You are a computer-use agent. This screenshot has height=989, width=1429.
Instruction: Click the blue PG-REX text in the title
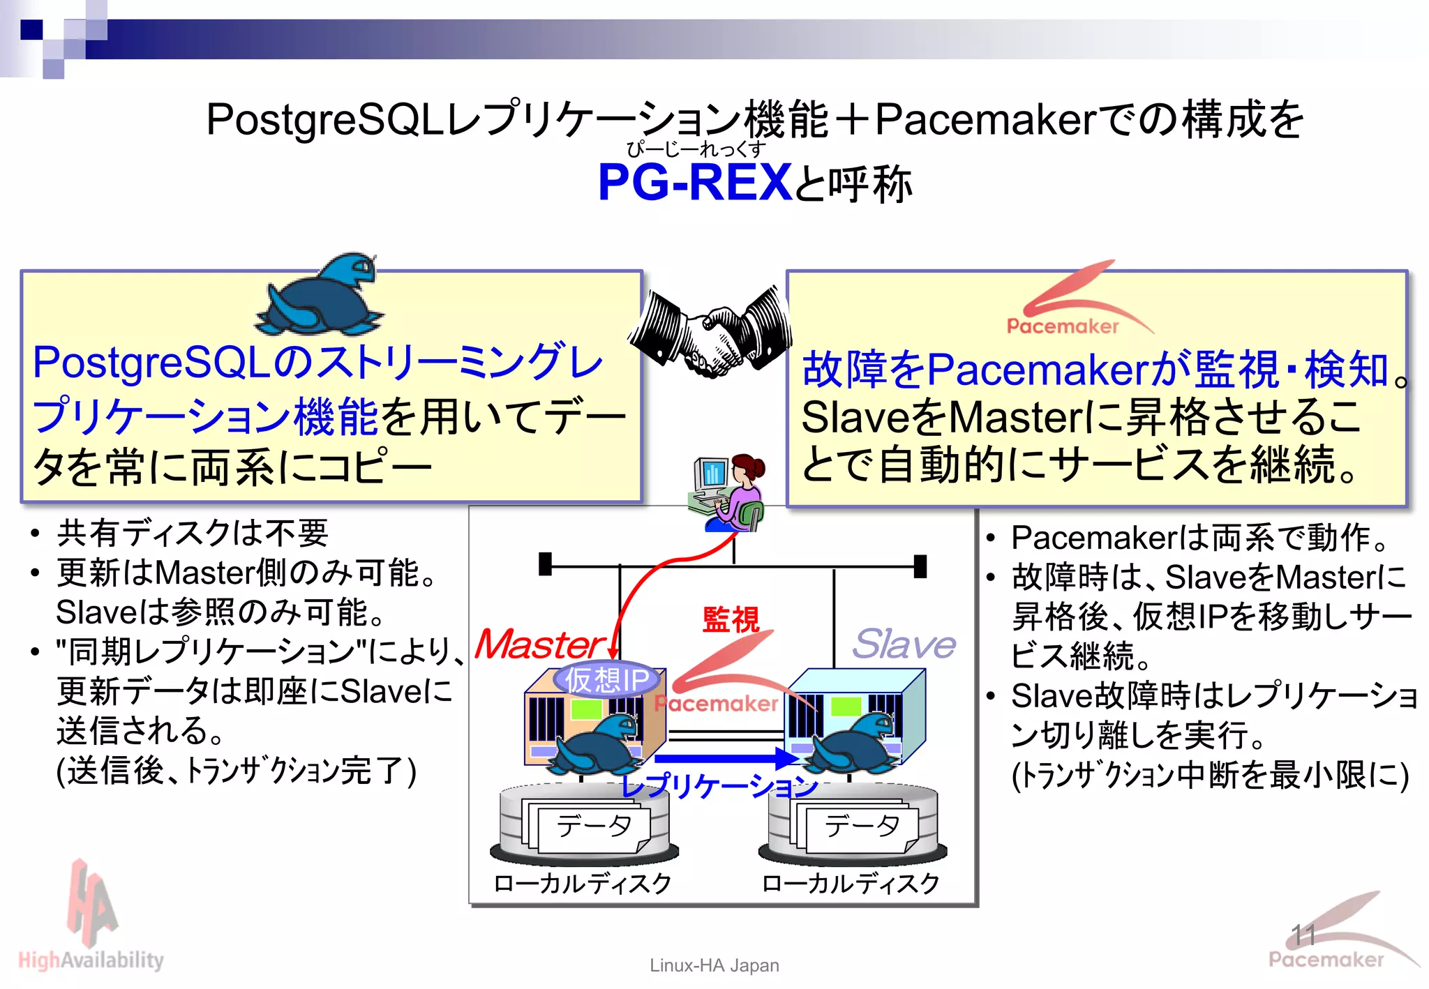coord(695,183)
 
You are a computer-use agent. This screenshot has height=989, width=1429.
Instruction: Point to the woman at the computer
coord(730,492)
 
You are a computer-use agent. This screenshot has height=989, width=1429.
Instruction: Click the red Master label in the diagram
coord(539,644)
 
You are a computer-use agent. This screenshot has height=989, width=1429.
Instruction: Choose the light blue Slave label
coord(904,644)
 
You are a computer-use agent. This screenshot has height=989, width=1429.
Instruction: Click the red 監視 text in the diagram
coord(731,619)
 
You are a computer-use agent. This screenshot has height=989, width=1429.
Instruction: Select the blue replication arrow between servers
coord(726,758)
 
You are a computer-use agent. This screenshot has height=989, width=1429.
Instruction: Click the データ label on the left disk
coord(593,826)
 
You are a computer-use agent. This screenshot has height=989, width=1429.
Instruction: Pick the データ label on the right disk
coord(862,826)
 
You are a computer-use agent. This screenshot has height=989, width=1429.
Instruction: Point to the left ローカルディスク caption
coord(583,884)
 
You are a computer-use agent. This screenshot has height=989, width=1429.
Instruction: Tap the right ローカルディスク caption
coord(851,884)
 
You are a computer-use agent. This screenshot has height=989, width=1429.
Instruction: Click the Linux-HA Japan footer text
coord(714,965)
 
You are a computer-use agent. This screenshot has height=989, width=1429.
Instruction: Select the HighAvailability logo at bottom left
coord(91,921)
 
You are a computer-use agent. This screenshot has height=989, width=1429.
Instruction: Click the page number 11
coord(1303,935)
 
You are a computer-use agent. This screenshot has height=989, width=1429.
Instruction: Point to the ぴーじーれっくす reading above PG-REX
coord(696,149)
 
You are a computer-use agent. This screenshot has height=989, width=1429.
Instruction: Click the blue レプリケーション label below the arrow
coord(719,787)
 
